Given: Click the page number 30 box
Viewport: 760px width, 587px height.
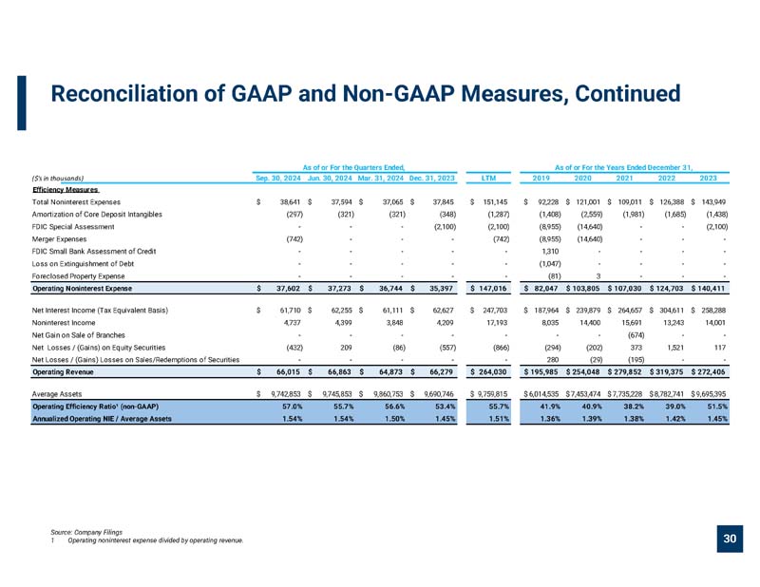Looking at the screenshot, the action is (x=730, y=539).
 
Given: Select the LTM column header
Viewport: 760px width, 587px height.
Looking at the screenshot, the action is (x=488, y=178).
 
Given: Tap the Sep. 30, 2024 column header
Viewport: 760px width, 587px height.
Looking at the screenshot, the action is (x=278, y=178).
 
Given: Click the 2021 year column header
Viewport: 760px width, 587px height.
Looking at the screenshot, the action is (x=624, y=178).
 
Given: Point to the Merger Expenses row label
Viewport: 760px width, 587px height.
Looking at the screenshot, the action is (x=59, y=239).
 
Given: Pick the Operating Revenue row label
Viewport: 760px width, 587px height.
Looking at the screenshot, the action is (x=63, y=372).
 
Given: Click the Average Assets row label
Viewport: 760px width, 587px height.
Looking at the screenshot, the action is (x=57, y=394).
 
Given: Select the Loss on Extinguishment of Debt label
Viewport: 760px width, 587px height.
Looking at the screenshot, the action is (x=83, y=264).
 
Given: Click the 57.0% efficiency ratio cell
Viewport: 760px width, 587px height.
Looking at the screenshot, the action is (x=293, y=407).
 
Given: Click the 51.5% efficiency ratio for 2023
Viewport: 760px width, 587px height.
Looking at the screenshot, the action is (x=717, y=407).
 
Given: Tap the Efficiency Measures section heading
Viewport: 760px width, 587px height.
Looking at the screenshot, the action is (x=66, y=190).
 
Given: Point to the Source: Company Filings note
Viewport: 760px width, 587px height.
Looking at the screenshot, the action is (x=86, y=532).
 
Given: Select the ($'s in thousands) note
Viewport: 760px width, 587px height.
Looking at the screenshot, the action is (x=58, y=179).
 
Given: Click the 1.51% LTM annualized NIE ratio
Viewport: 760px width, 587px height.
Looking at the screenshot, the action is (x=500, y=419).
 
